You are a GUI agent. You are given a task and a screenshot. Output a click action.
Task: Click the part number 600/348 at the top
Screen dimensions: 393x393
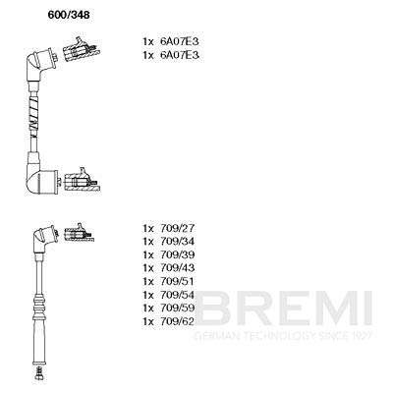(x=69, y=15)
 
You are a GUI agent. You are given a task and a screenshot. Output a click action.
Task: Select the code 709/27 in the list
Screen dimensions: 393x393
(x=178, y=228)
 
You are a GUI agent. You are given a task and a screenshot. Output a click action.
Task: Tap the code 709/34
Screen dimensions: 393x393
(x=178, y=242)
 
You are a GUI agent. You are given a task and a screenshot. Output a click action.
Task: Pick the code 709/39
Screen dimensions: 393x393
(x=178, y=254)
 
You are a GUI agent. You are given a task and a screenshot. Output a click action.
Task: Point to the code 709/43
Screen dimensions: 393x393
(x=178, y=268)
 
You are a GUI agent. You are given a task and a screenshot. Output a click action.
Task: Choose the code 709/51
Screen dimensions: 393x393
(x=178, y=281)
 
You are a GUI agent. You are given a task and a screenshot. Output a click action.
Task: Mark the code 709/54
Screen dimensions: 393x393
(x=178, y=295)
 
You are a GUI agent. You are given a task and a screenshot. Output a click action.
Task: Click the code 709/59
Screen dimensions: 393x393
(x=178, y=308)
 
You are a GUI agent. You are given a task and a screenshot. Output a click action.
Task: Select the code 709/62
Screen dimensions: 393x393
(x=178, y=321)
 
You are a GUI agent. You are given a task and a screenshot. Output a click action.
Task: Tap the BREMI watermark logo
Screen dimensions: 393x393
(x=283, y=308)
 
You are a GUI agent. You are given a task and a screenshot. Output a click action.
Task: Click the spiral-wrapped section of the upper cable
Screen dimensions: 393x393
(x=34, y=114)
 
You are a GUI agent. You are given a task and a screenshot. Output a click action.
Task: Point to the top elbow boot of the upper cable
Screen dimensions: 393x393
(x=41, y=65)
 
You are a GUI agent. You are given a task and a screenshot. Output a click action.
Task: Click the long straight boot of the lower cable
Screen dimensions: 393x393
(x=38, y=342)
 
